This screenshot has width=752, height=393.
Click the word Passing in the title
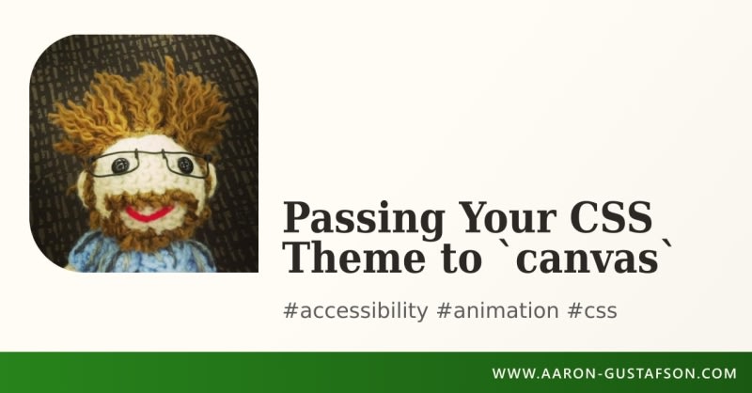click(363, 220)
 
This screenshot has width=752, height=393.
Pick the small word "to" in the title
click(462, 259)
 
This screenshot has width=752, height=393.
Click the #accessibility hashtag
click(355, 311)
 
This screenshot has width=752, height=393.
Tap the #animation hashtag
click(497, 310)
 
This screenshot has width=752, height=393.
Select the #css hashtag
click(592, 311)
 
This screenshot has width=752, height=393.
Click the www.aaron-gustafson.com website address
click(615, 373)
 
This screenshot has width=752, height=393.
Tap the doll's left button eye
click(120, 165)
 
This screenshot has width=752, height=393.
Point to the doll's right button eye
click(185, 165)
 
